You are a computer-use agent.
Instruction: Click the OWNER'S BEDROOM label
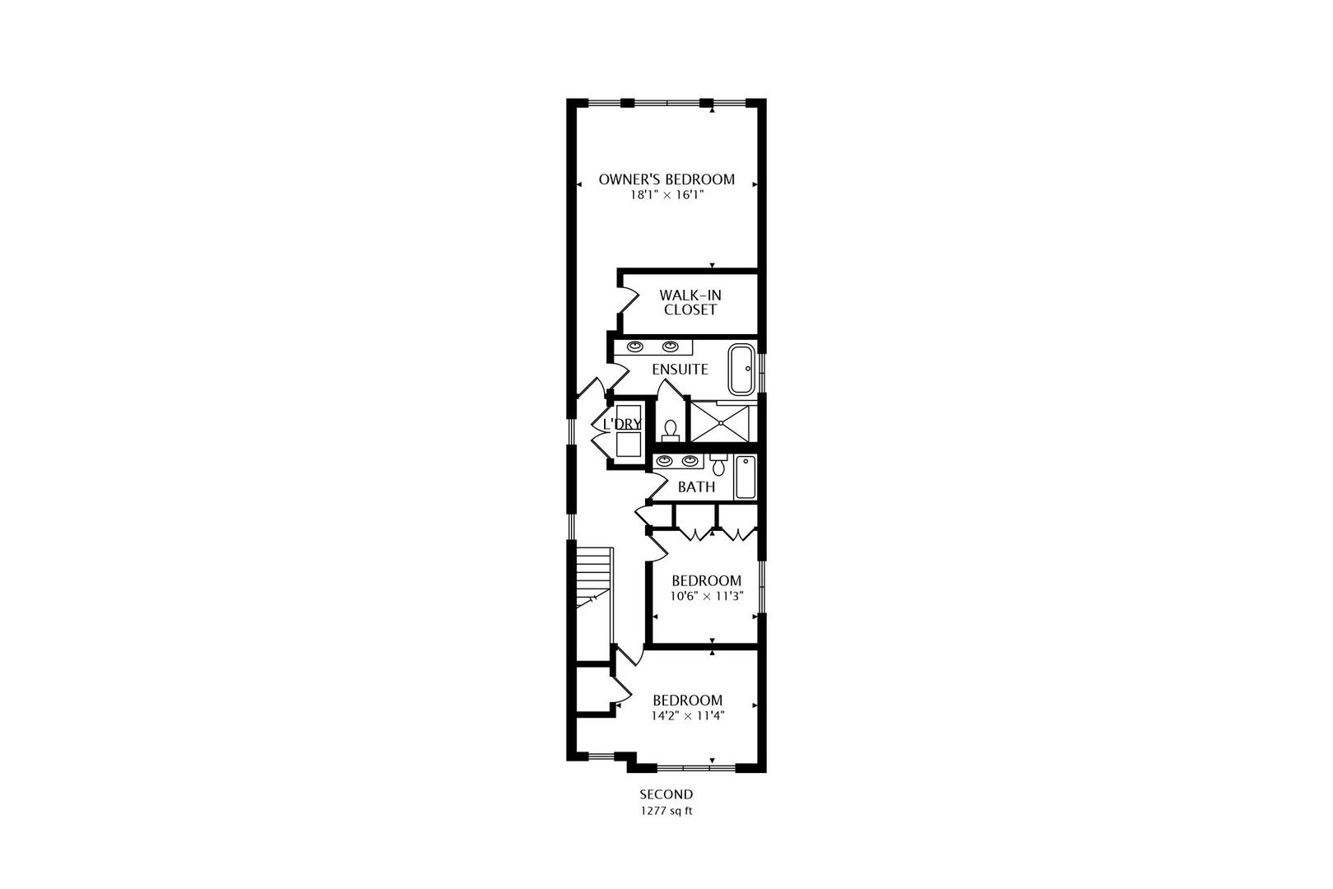pyautogui.click(x=666, y=179)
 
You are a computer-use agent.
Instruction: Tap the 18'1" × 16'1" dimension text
pyautogui.click(x=666, y=196)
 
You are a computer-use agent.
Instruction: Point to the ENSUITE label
pyautogui.click(x=680, y=370)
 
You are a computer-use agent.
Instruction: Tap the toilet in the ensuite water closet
pyautogui.click(x=671, y=431)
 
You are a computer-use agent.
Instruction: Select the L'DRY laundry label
pyautogui.click(x=622, y=424)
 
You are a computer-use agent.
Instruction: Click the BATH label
pyautogui.click(x=696, y=487)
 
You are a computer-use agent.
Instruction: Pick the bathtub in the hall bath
pyautogui.click(x=745, y=477)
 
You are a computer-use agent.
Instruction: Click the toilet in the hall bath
pyautogui.click(x=718, y=466)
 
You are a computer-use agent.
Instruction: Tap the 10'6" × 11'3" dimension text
pyautogui.click(x=707, y=596)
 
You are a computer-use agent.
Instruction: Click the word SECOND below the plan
pyautogui.click(x=666, y=794)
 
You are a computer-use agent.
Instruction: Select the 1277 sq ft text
pyautogui.click(x=666, y=811)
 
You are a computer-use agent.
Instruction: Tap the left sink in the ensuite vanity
pyautogui.click(x=636, y=347)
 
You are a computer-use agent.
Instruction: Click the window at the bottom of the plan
pyautogui.click(x=696, y=767)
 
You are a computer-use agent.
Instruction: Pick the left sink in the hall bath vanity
pyautogui.click(x=664, y=461)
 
